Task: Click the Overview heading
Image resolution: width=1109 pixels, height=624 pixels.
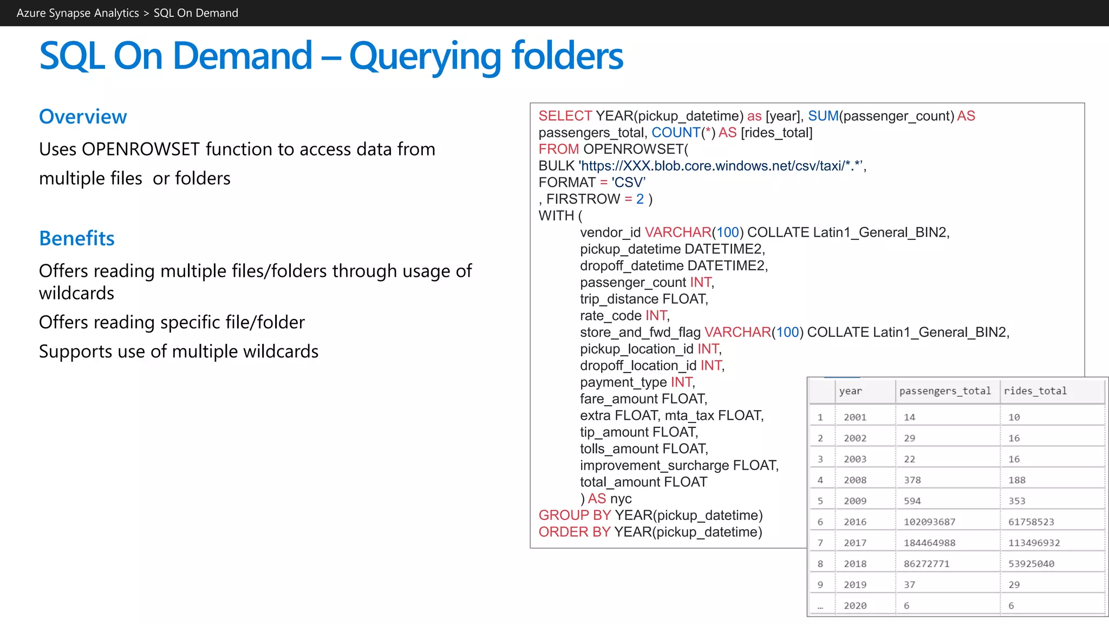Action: (x=83, y=116)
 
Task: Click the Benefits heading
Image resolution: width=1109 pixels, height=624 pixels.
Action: (x=77, y=238)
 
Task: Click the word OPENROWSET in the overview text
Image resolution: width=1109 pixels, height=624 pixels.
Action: (x=141, y=149)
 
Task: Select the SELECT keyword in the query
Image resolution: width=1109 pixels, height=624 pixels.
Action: (x=565, y=116)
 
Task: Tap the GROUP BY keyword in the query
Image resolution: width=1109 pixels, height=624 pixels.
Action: (x=575, y=515)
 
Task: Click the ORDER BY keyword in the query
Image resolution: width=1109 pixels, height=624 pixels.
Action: (x=575, y=532)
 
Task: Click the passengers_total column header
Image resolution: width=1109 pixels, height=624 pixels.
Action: (x=944, y=391)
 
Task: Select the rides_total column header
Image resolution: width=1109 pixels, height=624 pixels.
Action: (x=1035, y=391)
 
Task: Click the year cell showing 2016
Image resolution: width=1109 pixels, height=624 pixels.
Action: (x=855, y=522)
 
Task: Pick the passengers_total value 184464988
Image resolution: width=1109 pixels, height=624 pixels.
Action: (x=929, y=543)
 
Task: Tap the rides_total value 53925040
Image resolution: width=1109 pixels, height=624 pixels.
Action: (x=1031, y=564)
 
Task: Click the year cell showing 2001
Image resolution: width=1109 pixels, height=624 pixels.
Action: (x=855, y=418)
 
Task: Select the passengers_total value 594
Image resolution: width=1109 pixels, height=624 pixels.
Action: (x=912, y=501)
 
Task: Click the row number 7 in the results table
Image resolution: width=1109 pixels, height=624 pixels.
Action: (x=820, y=543)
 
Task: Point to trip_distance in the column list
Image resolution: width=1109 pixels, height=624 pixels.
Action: (x=619, y=299)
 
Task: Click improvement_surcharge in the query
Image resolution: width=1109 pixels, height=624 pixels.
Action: (x=654, y=466)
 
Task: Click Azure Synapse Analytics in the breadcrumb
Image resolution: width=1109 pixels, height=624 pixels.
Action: (x=77, y=13)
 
